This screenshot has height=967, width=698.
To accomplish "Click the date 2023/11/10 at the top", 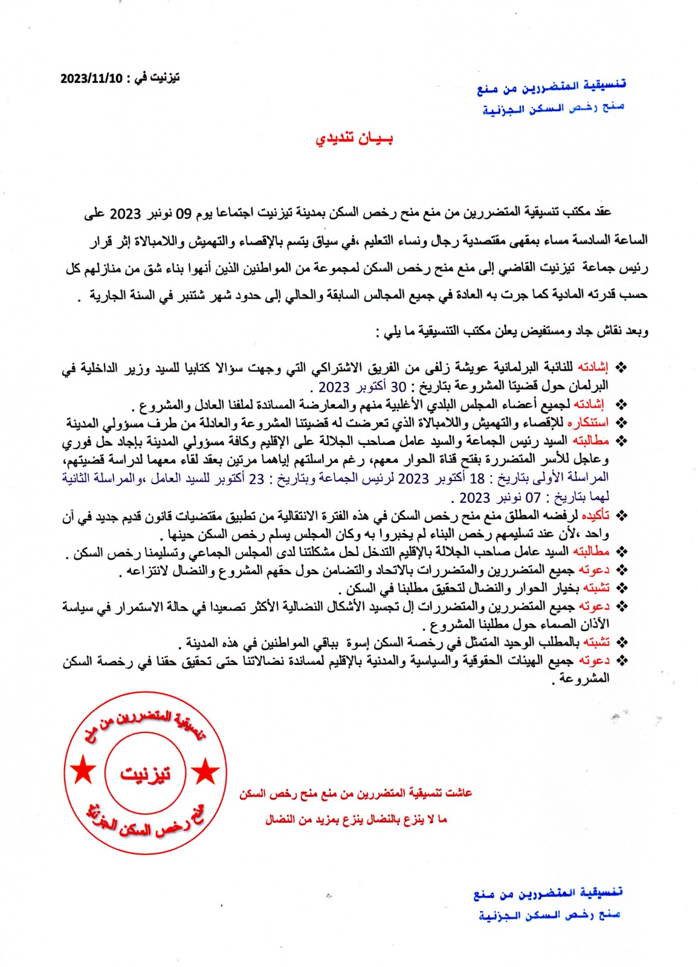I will (91, 79).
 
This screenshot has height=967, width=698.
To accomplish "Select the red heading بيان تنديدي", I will (354, 139).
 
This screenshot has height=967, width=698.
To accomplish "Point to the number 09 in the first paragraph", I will (184, 213).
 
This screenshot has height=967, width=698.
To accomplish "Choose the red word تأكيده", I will (595, 516).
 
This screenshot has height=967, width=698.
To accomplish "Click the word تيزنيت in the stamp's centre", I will (145, 774).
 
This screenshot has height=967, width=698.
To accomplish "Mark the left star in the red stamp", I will (83, 771).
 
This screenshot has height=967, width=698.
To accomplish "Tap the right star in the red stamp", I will (205, 771).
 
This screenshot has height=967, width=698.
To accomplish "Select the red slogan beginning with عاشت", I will (355, 794).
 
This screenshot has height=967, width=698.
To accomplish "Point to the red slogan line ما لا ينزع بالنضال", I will (356, 820).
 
